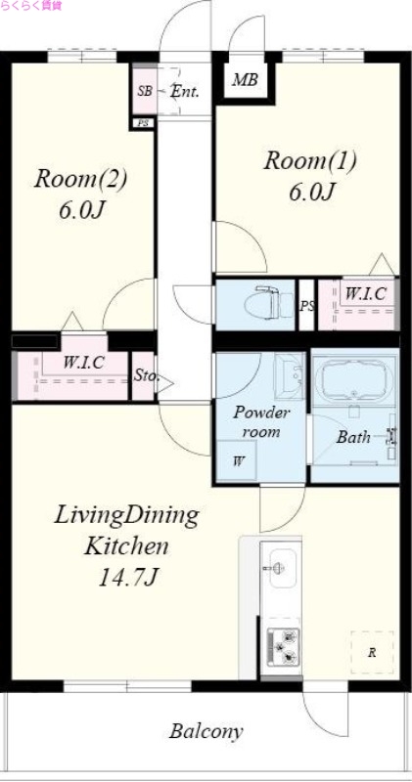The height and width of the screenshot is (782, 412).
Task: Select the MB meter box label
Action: point(245,80)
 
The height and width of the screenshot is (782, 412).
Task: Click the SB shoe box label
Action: point(145,92)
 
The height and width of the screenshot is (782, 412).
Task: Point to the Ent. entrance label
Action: point(185,91)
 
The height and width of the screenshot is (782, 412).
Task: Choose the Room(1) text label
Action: point(310,160)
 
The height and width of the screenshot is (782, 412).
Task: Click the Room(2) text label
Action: point(81,179)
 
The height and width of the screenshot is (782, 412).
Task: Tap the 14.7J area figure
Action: point(128,577)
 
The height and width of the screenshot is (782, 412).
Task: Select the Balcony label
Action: point(206,731)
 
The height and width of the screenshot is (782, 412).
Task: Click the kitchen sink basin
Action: point(281,568)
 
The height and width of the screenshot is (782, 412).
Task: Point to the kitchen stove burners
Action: point(283,647)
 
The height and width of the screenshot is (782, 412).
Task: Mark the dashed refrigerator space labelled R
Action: point(372,652)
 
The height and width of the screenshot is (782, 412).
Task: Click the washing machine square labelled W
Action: point(236,460)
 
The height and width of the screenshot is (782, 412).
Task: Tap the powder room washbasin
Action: point(289,375)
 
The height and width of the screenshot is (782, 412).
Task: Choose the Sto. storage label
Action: point(146,376)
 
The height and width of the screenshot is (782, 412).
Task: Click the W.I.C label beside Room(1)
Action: point(366,294)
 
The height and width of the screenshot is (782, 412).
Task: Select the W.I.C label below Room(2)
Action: point(83,363)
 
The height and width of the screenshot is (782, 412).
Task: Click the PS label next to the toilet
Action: point(307,306)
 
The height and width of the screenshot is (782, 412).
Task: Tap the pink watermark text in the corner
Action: point(31,6)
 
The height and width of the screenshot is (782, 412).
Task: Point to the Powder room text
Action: point(260,422)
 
